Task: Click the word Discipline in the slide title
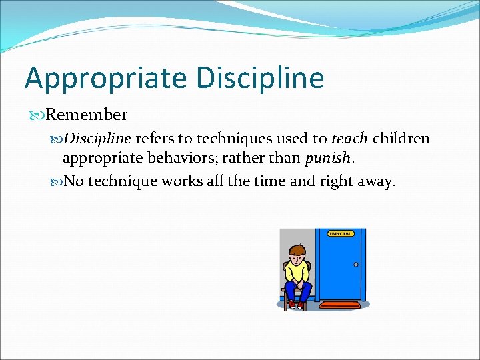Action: point(260,77)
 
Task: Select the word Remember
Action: point(87,115)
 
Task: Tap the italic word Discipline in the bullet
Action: point(99,139)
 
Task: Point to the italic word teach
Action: point(349,139)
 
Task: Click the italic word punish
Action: point(327,159)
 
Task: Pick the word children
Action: point(401,139)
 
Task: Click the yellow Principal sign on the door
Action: point(340,233)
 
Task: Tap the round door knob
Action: point(356,265)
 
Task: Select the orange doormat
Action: point(341,305)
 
